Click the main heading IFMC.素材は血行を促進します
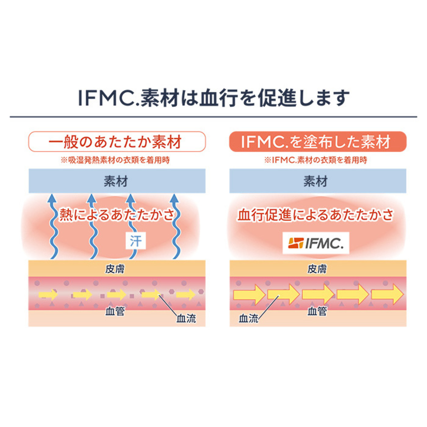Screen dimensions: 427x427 point(213,98)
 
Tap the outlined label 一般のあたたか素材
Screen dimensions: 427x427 point(117,142)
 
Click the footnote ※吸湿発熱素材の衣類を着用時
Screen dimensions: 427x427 point(115,160)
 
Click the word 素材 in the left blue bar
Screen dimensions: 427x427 point(116,181)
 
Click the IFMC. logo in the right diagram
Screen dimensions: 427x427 point(316,243)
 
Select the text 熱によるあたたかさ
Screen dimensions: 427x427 point(117,215)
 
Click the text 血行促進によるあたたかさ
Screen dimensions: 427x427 point(316,215)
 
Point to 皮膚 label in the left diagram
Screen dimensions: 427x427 point(115,269)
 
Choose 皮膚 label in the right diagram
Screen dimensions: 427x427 point(317,269)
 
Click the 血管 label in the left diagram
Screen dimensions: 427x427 point(115,311)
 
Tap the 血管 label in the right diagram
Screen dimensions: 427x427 point(317,311)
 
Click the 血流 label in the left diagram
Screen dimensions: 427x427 point(186,318)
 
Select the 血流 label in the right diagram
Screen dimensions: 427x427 point(248,318)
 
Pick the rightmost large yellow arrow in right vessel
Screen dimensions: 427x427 point(388,295)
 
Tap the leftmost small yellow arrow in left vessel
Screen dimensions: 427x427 point(48,295)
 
